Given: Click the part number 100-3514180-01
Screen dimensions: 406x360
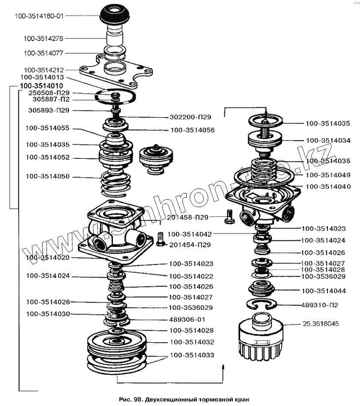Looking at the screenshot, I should (39, 17).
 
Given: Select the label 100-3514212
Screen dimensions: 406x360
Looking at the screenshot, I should (44, 69).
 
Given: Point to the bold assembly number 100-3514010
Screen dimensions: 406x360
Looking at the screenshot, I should (41, 86).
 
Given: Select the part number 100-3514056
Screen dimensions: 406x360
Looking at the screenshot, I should (192, 130).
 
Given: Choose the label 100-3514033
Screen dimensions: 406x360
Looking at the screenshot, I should (192, 355).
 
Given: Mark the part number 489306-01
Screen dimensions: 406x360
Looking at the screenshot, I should (187, 319).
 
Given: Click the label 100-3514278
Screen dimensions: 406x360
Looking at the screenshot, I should (44, 39).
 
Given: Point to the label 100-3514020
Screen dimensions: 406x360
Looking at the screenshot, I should (47, 258).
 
